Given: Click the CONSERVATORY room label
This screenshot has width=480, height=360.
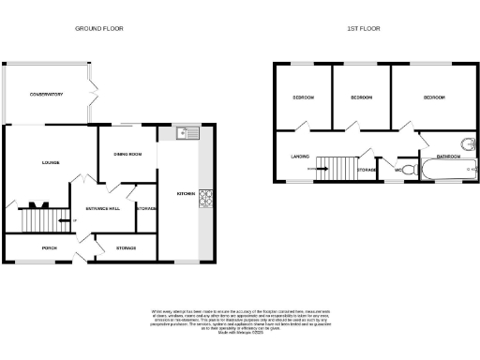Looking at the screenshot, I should point(46,95).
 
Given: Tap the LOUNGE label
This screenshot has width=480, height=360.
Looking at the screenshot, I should point(51,162).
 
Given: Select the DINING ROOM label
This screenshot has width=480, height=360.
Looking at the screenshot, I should point(127,155).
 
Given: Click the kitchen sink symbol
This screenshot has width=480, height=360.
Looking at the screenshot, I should point(192,132).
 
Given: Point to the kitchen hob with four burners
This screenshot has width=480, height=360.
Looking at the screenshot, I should point(204,198).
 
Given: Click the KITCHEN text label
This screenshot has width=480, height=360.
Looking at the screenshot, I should point(185,194).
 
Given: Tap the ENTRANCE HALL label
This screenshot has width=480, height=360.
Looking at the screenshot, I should point(101,208).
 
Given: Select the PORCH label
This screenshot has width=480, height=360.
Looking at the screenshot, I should point(49,247).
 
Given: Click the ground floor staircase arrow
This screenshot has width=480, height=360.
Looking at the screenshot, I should point(62,221).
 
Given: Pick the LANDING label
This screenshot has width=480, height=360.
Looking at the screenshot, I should point(300,157).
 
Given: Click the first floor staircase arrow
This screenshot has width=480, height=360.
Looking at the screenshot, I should point(324,169).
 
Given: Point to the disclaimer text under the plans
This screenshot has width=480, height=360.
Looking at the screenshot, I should point(240,318).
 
